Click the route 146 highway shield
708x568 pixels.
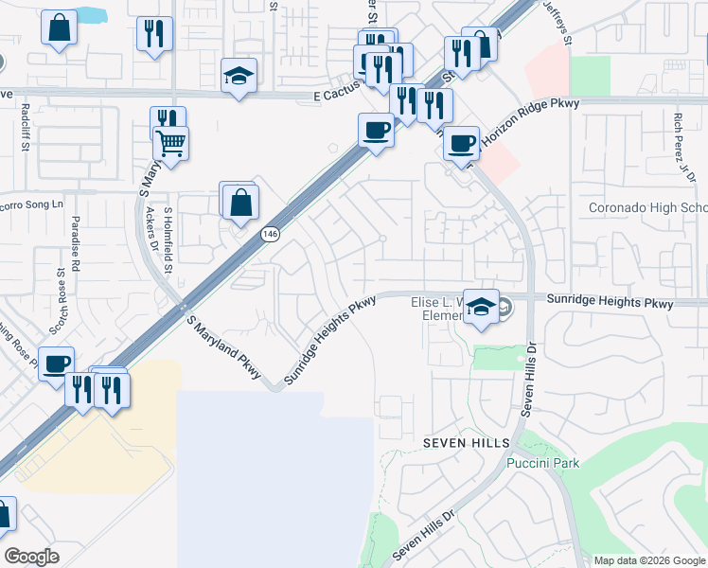pos(271,233)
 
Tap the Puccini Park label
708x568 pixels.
pos(542,463)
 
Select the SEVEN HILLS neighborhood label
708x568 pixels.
pos(466,443)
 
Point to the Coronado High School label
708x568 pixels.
pos(647,208)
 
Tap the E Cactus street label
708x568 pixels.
pos(339,96)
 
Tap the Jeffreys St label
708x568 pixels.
pos(557,22)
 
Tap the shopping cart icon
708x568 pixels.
pos(171,144)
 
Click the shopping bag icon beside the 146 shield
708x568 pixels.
pos(241,201)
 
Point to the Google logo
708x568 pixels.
pos(32,557)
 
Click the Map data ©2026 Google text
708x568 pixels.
pos(648,560)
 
